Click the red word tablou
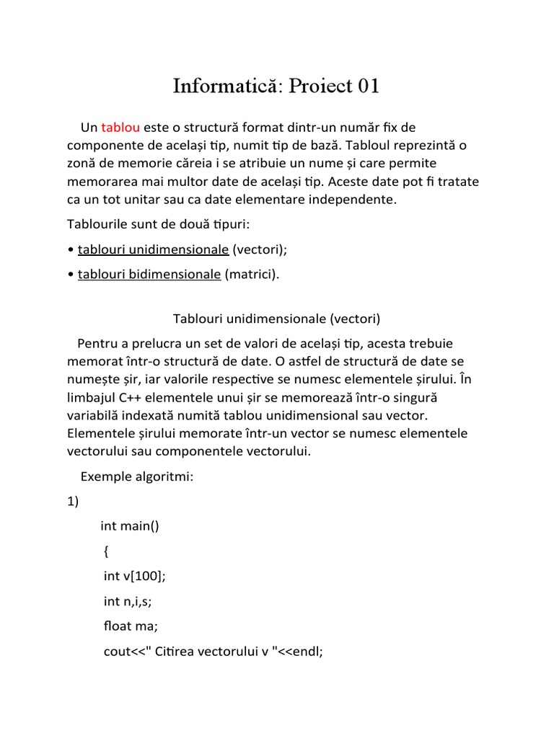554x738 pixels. tap(120, 128)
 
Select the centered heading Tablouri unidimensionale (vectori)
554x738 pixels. tap(277, 318)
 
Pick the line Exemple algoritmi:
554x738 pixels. tap(137, 476)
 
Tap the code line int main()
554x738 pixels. tap(130, 526)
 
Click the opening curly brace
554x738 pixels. tap(107, 551)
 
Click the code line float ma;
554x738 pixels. tap(131, 626)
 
